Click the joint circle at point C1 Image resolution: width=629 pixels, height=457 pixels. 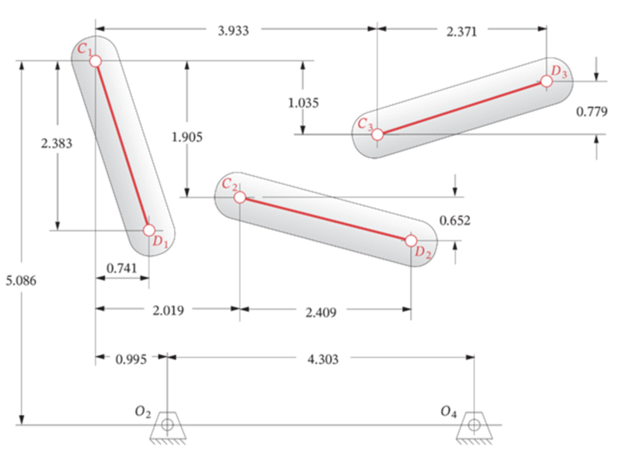click(x=96, y=61)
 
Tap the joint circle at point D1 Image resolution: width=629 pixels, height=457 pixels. click(x=149, y=230)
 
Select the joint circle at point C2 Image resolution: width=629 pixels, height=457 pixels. click(x=240, y=197)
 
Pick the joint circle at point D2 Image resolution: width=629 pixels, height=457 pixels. click(x=411, y=241)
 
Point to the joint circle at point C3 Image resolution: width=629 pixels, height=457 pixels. click(x=378, y=135)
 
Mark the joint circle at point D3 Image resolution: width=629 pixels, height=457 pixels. click(x=547, y=82)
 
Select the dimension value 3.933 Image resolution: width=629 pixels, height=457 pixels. click(x=234, y=31)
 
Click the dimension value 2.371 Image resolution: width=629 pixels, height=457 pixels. click(x=462, y=32)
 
